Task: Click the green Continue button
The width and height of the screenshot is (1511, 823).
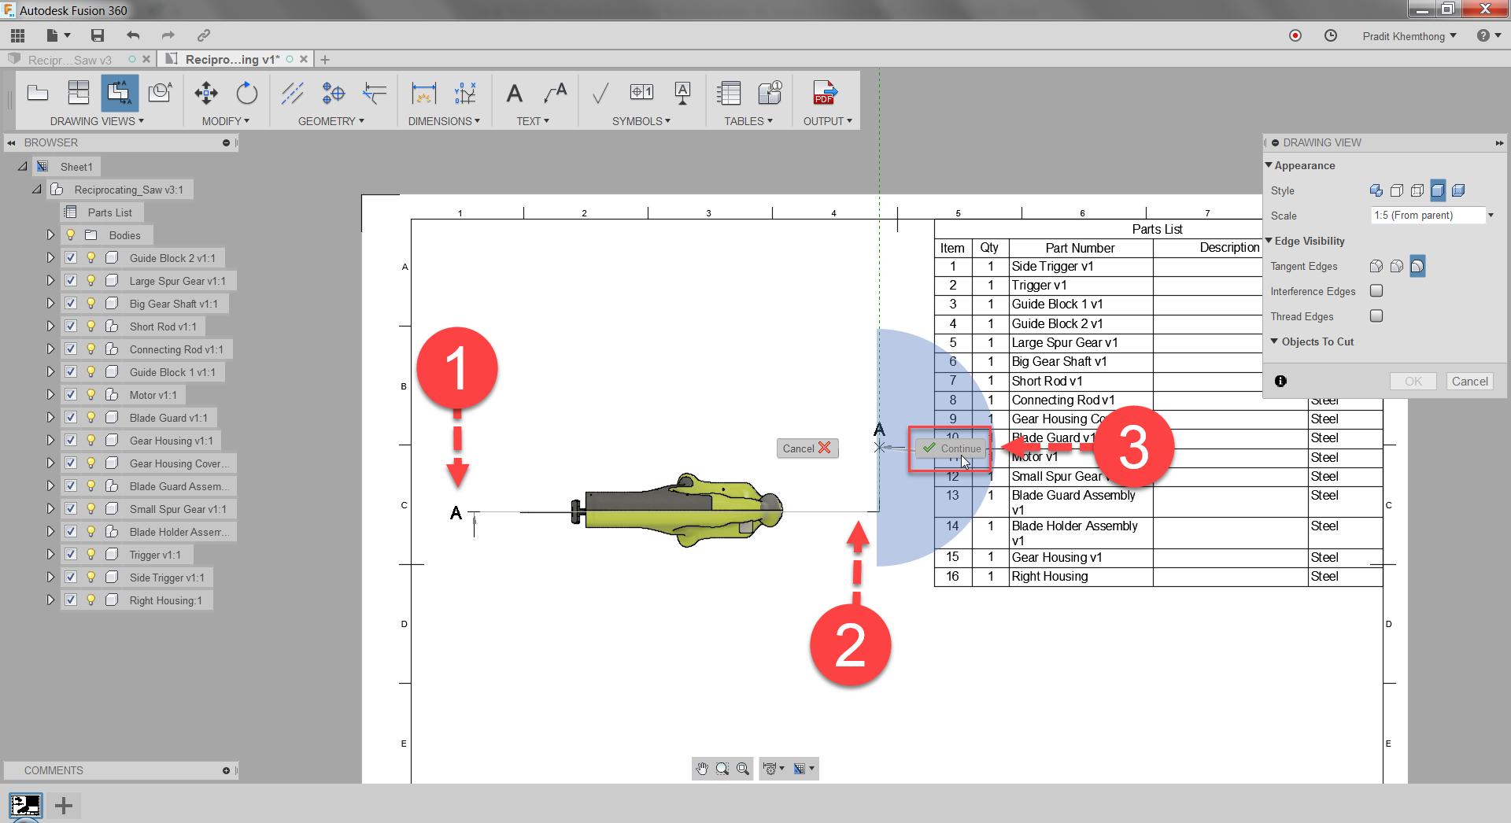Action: click(x=952, y=448)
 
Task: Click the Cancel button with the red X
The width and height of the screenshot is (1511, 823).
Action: click(x=807, y=448)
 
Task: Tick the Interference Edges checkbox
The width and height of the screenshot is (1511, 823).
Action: click(x=1376, y=291)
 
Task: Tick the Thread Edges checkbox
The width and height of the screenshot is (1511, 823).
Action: click(x=1376, y=316)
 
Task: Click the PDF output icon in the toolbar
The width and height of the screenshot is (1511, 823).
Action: click(x=824, y=94)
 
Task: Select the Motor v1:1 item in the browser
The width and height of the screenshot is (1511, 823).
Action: click(x=153, y=395)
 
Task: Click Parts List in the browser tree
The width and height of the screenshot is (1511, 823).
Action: click(x=109, y=212)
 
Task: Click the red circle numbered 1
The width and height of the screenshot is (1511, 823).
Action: click(x=456, y=368)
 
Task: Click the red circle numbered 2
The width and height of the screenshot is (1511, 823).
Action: click(x=850, y=645)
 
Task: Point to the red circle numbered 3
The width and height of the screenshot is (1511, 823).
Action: click(x=1133, y=447)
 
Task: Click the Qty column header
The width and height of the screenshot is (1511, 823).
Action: click(x=989, y=248)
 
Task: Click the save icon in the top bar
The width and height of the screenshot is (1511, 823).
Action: click(x=98, y=35)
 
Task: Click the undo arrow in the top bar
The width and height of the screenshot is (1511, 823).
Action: click(x=133, y=35)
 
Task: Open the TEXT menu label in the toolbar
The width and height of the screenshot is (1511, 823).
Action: click(x=532, y=121)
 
